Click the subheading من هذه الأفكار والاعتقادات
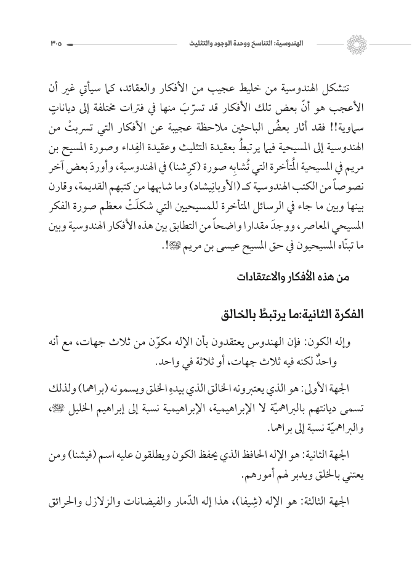[x=294, y=278]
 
